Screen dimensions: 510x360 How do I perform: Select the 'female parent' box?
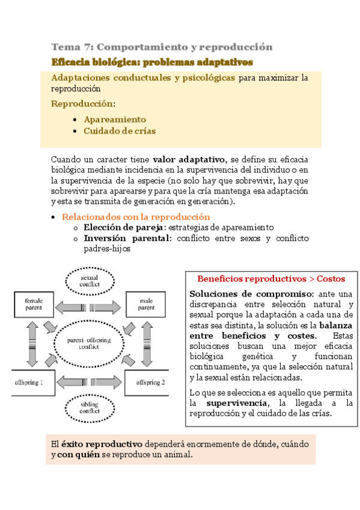click(x=34, y=304)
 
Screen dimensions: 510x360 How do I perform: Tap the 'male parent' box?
click(x=146, y=304)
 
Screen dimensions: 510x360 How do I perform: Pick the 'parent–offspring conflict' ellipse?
click(x=90, y=343)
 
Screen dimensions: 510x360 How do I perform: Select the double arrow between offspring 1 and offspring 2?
click(x=90, y=382)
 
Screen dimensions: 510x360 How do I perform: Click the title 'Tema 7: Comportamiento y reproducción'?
click(x=162, y=47)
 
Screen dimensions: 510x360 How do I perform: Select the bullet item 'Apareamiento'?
click(x=115, y=119)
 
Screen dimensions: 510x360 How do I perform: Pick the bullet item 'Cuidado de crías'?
click(x=120, y=131)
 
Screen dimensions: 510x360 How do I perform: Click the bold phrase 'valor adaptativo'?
click(x=188, y=159)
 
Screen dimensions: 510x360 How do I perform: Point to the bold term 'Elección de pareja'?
click(x=124, y=227)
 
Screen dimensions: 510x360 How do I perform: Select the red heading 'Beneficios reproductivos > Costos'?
click(x=271, y=279)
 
